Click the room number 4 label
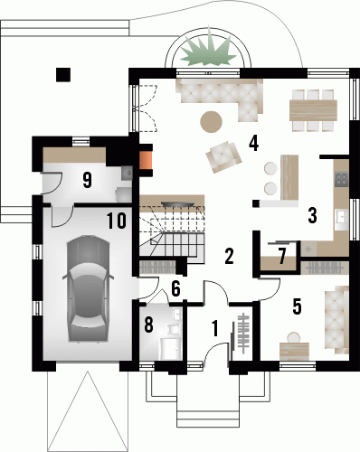click(x=253, y=143)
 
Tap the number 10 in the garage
click(x=117, y=221)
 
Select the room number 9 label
click(x=87, y=180)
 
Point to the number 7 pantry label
click(x=282, y=256)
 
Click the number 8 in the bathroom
click(x=149, y=325)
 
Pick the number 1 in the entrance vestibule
click(x=214, y=328)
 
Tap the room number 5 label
click(x=297, y=306)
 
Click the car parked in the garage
click(x=88, y=288)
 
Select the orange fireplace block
click(x=146, y=160)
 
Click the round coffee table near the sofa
click(x=212, y=122)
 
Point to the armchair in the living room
click(x=223, y=156)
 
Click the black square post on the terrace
click(x=63, y=74)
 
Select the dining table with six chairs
click(x=313, y=110)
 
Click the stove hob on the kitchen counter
click(x=342, y=178)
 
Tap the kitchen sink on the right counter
click(x=343, y=216)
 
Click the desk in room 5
click(x=295, y=352)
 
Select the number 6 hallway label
click(x=175, y=288)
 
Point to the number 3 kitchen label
click(x=312, y=215)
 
